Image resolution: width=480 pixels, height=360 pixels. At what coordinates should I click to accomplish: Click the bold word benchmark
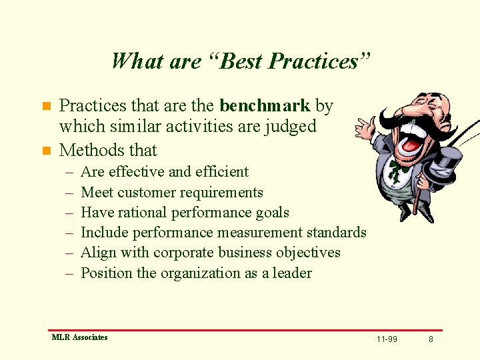coord(265,105)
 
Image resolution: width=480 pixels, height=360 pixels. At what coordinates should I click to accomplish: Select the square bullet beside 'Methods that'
coord(46,151)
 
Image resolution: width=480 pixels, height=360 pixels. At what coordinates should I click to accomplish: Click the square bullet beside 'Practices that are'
coord(46,106)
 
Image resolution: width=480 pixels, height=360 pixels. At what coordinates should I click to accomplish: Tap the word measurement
coord(261,233)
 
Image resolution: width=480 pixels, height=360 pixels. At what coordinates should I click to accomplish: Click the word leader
coord(292,273)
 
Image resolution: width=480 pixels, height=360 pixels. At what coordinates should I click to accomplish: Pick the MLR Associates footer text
coord(79,337)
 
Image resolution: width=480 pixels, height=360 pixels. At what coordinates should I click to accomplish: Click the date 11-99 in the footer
coord(387,339)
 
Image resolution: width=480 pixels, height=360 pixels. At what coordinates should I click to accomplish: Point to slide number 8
coord(431,339)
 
